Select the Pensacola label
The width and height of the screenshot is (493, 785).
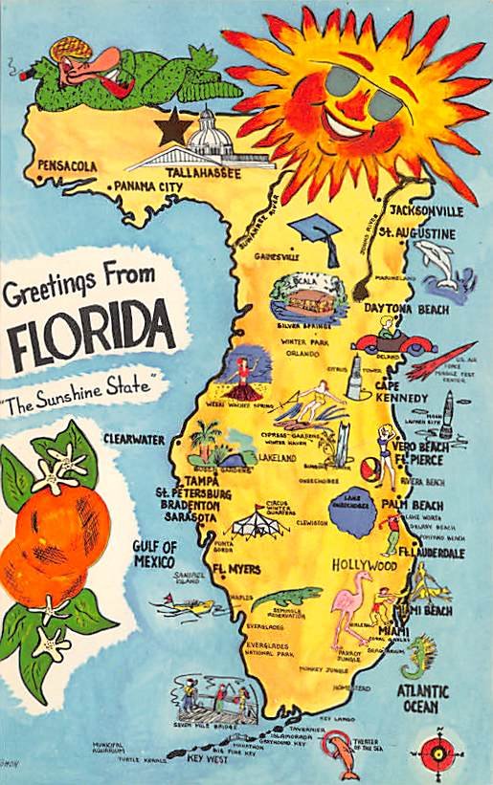[x=67, y=166]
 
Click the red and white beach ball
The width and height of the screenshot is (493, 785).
[x=370, y=469]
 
